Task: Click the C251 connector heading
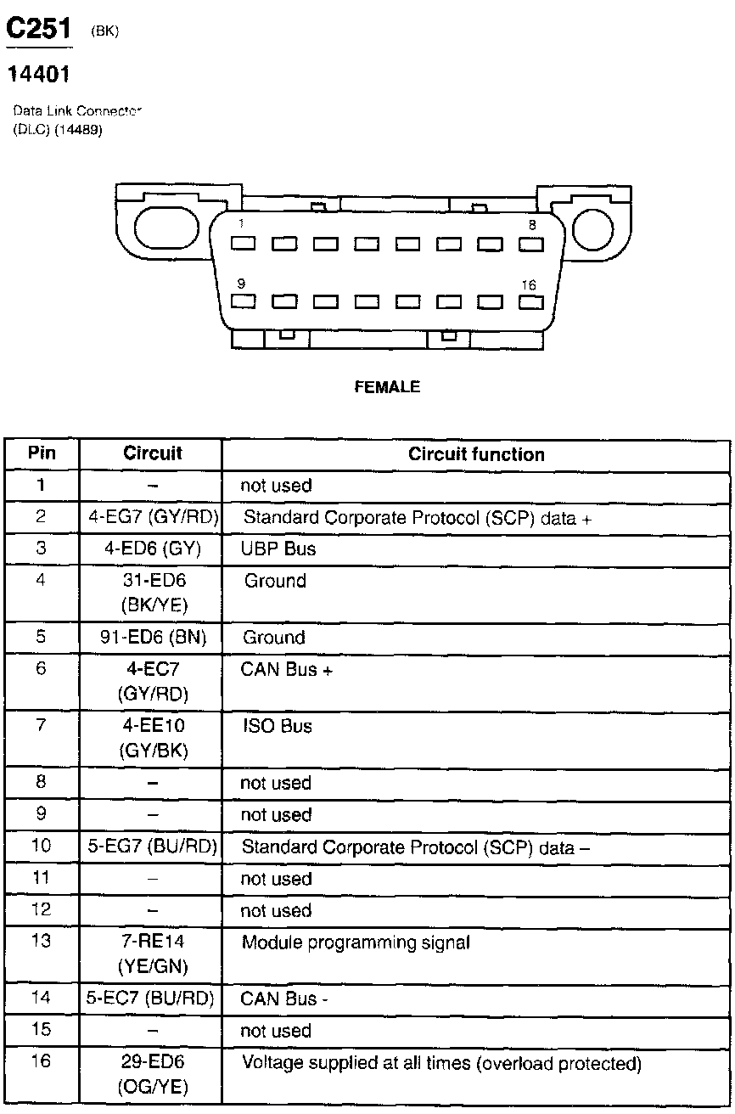click(40, 30)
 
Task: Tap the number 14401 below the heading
click(38, 75)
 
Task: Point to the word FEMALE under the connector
click(387, 387)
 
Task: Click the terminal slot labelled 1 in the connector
click(244, 244)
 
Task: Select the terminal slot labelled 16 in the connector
click(530, 301)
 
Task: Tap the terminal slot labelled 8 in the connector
click(530, 244)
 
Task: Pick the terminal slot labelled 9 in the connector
click(244, 301)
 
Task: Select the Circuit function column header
click(476, 454)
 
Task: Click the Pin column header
click(42, 453)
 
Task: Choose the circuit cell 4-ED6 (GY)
click(153, 549)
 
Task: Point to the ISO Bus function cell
click(278, 727)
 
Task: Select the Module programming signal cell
click(356, 942)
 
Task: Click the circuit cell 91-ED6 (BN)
click(153, 638)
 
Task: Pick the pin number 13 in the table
click(41, 942)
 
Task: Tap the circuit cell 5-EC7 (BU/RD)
click(150, 999)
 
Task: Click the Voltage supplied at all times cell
click(441, 1063)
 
